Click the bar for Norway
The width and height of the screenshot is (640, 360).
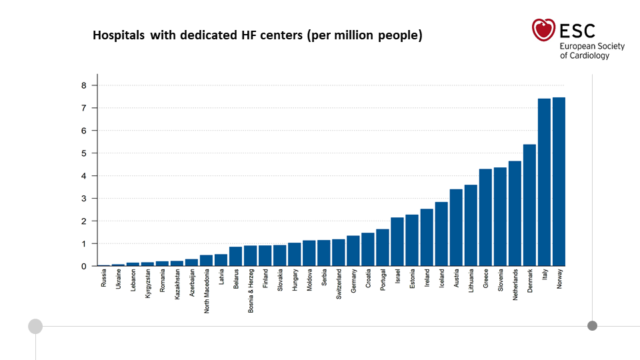tap(559, 181)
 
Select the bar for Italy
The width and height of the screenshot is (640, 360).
tap(544, 183)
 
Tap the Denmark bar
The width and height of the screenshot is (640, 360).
tap(529, 205)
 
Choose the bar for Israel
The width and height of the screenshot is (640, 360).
tap(397, 241)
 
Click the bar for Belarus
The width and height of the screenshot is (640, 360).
tap(235, 256)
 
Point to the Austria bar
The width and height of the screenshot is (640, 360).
tap(456, 228)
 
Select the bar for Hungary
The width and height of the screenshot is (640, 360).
tap(294, 254)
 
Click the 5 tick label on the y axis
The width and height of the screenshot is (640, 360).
tap(84, 153)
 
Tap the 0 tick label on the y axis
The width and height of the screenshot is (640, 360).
tap(84, 267)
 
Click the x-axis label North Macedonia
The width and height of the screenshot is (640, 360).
tap(207, 291)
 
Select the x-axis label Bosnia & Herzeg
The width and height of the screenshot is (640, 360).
tap(251, 291)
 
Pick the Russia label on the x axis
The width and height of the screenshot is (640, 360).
tap(104, 278)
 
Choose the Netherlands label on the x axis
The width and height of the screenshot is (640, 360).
tap(515, 285)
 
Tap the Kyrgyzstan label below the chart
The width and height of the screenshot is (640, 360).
tap(148, 283)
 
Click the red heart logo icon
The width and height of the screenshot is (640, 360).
tap(543, 30)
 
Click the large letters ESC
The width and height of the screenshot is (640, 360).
tap(577, 31)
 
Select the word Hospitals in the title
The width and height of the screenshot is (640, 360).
tap(119, 35)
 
